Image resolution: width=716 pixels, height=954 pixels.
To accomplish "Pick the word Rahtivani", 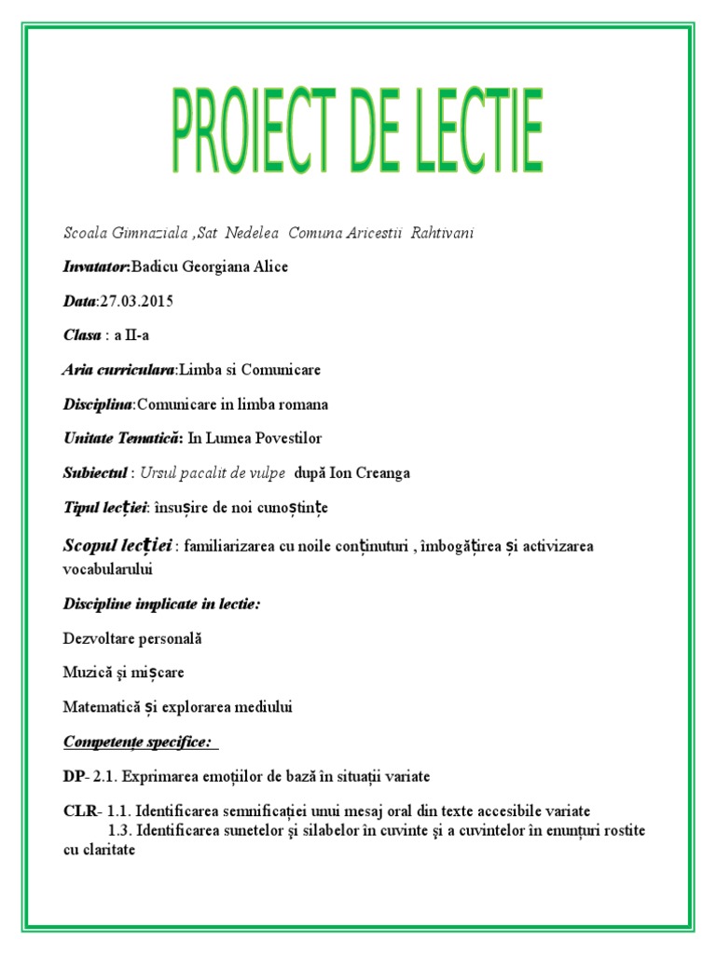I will [439, 232].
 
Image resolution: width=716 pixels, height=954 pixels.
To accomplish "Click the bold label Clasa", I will [82, 335].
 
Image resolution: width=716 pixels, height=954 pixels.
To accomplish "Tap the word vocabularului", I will [108, 567].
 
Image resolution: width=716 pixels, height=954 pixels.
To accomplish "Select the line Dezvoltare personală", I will [132, 638].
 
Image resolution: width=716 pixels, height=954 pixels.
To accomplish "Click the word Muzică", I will [86, 672].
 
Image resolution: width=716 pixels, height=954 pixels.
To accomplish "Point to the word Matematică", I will [101, 707].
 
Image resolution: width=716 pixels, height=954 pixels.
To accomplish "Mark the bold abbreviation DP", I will [74, 776].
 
